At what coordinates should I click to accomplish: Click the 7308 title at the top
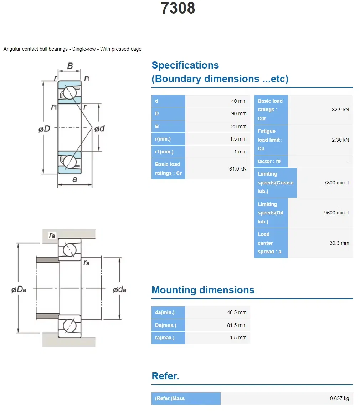coord(178,9)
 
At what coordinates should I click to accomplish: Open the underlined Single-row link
coord(84,49)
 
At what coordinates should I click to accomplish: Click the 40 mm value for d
coord(238,101)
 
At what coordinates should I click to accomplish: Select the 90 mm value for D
coord(238,113)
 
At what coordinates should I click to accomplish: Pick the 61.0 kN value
coord(237,169)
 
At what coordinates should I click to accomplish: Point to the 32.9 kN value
coord(340,110)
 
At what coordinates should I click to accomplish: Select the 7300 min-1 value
coord(336,183)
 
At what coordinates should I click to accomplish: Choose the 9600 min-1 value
coord(336,213)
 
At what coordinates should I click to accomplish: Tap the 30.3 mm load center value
coord(339,243)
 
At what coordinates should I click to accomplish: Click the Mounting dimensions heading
coord(203,290)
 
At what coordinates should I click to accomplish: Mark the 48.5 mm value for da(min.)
coord(237,312)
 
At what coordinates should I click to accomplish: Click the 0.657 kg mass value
coord(339,398)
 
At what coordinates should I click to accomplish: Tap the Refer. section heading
coord(165,376)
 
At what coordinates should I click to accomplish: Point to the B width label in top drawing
coord(70,66)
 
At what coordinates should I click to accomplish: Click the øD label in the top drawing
coord(45,129)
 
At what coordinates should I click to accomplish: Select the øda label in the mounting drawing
coord(119,290)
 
